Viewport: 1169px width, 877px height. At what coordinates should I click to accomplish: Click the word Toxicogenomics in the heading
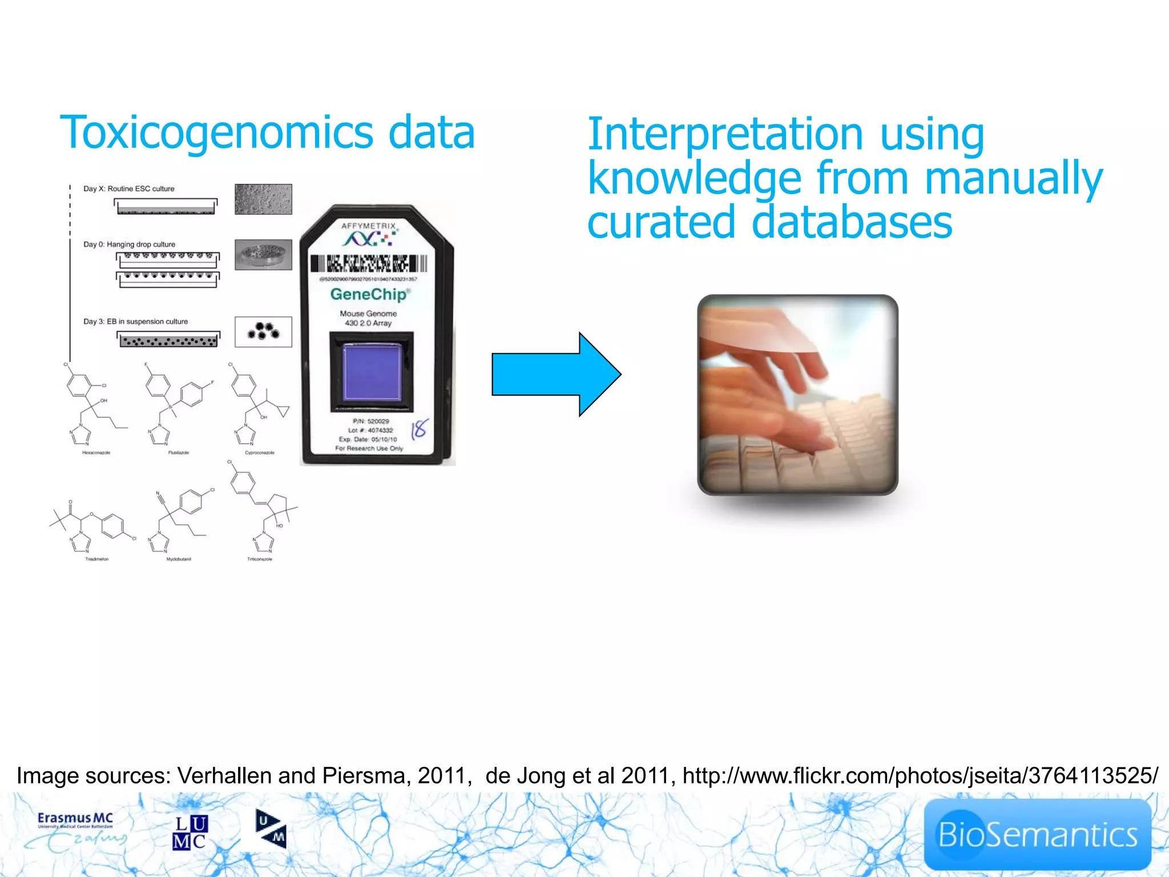coord(217,133)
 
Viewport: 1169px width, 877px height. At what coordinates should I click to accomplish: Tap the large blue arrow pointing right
coord(556,375)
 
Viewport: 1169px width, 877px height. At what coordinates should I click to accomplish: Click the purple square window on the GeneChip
coord(372,372)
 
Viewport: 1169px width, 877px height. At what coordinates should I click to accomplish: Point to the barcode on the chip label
coord(369,263)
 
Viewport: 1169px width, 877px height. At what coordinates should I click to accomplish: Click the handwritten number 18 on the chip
coord(420,428)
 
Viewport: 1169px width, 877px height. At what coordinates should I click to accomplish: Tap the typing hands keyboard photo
coord(797,395)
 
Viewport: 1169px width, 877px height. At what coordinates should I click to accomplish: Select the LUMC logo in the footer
coord(190,832)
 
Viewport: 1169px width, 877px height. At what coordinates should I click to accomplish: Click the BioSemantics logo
coord(1037,835)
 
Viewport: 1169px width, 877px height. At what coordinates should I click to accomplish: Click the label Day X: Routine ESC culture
coord(129,189)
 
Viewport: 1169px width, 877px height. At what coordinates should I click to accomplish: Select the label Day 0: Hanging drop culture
coord(130,244)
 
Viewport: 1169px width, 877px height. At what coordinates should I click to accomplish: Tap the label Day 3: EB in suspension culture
coord(136,321)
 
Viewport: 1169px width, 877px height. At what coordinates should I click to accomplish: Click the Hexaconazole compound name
coord(96,453)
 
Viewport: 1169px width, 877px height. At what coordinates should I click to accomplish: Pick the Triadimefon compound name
coord(96,560)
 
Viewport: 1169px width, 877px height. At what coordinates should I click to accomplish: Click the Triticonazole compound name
coord(260,560)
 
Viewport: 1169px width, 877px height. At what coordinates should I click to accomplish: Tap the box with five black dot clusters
coord(263,332)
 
